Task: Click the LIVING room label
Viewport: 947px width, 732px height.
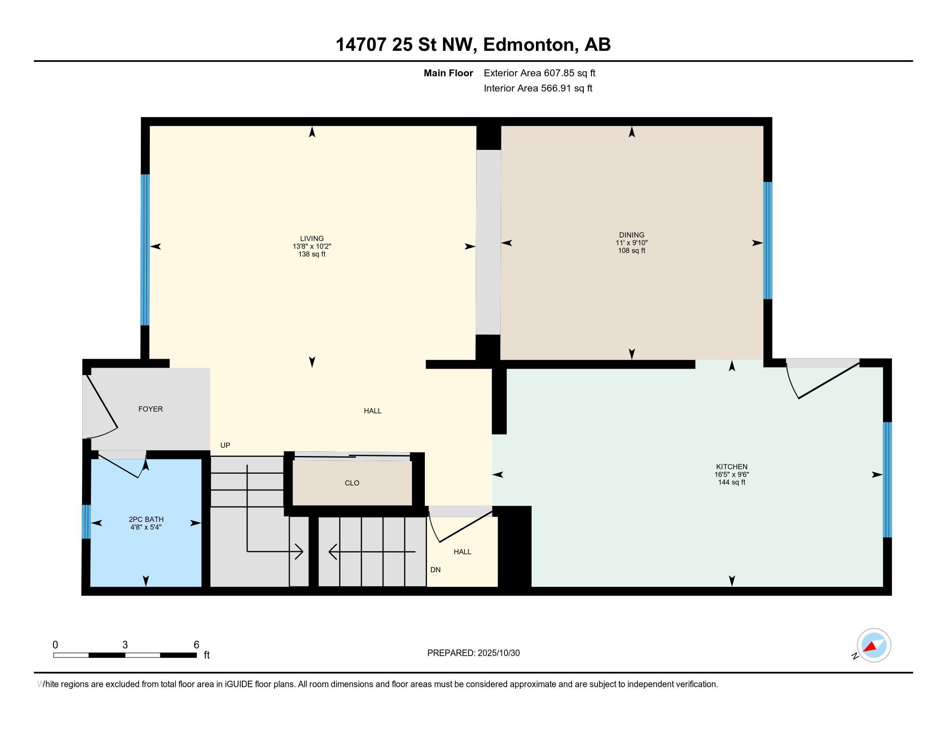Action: (311, 239)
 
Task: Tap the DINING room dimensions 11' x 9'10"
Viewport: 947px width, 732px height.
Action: (631, 243)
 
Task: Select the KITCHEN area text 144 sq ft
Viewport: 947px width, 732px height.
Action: (731, 482)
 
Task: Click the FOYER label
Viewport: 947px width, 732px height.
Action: (151, 409)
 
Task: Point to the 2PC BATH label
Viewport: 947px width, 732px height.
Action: (146, 519)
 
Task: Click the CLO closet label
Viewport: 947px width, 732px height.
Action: (352, 483)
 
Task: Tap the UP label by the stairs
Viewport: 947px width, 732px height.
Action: (225, 445)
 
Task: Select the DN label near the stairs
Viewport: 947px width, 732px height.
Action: (435, 570)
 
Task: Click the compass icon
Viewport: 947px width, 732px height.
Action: (873, 645)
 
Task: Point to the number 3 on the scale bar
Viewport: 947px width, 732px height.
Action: (125, 645)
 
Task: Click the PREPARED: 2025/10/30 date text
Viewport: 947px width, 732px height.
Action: (473, 653)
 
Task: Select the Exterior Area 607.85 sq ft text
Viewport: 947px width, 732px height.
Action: (539, 73)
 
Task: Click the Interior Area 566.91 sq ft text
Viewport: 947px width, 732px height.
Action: (538, 88)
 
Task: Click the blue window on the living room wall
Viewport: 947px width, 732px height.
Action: (145, 250)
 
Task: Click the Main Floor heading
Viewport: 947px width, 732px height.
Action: (448, 73)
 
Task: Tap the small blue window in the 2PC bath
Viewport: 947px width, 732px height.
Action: (86, 521)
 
